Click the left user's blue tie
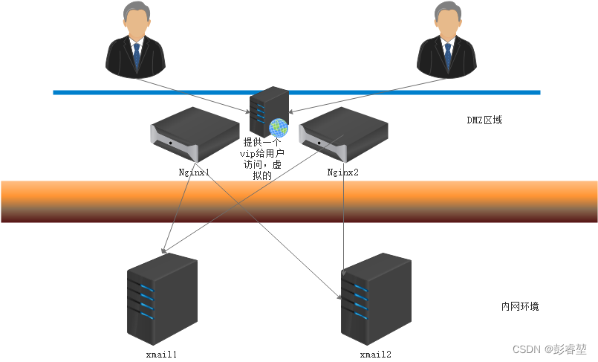137,56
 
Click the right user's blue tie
448,56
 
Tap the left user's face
136,24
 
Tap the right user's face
447,24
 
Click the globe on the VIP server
279,128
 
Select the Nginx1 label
194,172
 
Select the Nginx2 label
343,172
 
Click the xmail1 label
161,355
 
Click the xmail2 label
376,355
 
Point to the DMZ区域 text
484,120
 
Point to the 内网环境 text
520,306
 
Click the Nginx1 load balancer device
195,135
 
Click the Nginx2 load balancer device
343,135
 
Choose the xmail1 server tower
162,299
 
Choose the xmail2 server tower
376,299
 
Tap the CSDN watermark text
549,349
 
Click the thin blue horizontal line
296,92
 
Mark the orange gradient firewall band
299,201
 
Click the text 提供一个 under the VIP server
262,142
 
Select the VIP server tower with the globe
269,111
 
